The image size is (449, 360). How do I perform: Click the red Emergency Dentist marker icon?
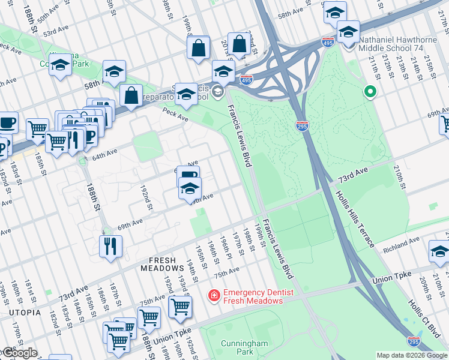point(213,295)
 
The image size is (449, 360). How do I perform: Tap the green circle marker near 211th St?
point(370,92)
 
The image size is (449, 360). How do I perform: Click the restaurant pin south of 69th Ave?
point(110,246)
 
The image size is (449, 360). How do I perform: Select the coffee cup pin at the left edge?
point(7,123)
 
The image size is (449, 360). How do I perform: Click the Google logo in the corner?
point(19,353)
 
